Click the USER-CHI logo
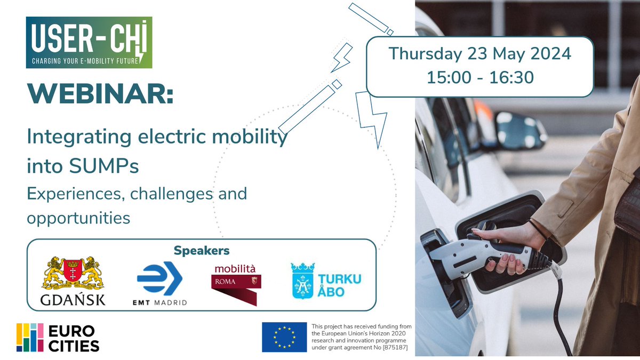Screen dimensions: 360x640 (x=89, y=42)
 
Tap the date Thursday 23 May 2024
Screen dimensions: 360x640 (x=479, y=54)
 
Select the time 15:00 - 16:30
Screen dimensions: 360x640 (x=479, y=77)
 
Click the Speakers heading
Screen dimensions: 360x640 (x=202, y=250)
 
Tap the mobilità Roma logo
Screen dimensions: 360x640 (x=235, y=283)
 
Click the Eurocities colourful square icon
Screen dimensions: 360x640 (x=30, y=338)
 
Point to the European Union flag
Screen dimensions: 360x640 (x=284, y=337)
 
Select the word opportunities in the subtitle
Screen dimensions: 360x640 (x=78, y=218)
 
